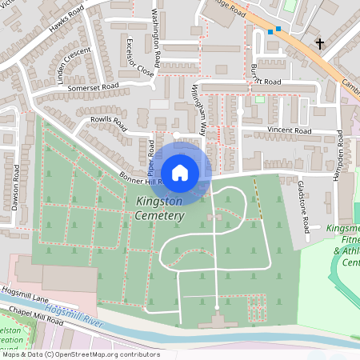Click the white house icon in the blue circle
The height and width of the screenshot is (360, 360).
pos(180,172)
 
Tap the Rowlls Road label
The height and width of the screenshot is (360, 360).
pos(110,123)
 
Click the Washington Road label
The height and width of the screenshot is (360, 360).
pos(157,38)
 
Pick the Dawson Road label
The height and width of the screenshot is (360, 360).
pos(15,193)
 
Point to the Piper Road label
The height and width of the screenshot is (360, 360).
pos(150,155)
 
